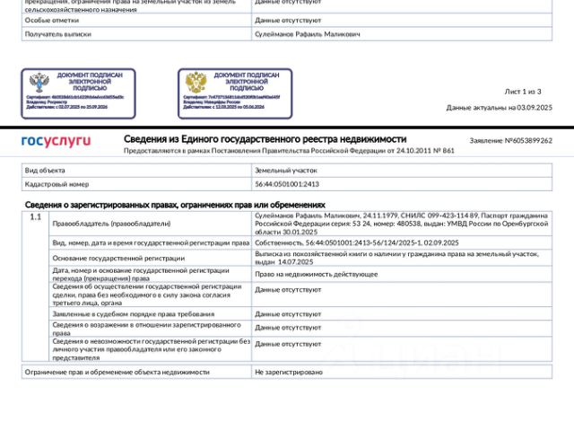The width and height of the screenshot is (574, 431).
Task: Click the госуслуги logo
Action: pyautogui.click(x=56, y=141)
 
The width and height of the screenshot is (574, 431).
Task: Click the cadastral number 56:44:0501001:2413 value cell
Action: pyautogui.click(x=287, y=184)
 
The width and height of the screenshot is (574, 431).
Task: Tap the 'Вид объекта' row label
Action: pyautogui.click(x=45, y=170)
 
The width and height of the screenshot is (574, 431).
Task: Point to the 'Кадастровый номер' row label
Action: pyautogui.click(x=57, y=184)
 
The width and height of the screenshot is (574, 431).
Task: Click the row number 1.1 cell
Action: pyautogui.click(x=35, y=217)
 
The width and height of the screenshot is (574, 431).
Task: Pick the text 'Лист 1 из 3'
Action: pyautogui.click(x=523, y=92)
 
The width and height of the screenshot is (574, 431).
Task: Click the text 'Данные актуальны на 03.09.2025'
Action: pyautogui.click(x=500, y=108)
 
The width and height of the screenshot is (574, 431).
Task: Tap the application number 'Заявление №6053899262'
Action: pyautogui.click(x=511, y=141)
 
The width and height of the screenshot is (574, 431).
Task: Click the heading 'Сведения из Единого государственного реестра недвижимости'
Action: pyautogui.click(x=265, y=139)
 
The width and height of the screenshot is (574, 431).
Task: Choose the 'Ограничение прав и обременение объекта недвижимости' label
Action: pyautogui.click(x=117, y=371)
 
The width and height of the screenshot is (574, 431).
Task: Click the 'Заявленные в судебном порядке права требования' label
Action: pyautogui.click(x=133, y=313)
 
